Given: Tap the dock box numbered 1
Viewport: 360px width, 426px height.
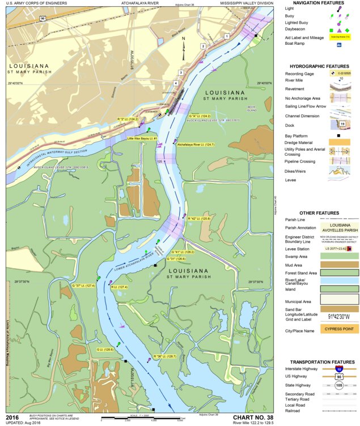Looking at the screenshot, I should [x=227, y=36].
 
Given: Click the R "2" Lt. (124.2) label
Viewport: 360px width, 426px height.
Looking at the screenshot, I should [x=128, y=119].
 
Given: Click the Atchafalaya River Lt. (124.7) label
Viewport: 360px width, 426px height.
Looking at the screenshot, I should [x=196, y=144].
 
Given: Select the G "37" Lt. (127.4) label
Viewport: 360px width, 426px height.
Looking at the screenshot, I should [x=83, y=286].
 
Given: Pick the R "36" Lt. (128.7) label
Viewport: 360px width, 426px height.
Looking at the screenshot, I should [x=165, y=356].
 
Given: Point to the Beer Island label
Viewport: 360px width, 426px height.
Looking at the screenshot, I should [x=252, y=109].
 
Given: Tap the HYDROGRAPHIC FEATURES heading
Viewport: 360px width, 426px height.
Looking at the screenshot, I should [x=322, y=66].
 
